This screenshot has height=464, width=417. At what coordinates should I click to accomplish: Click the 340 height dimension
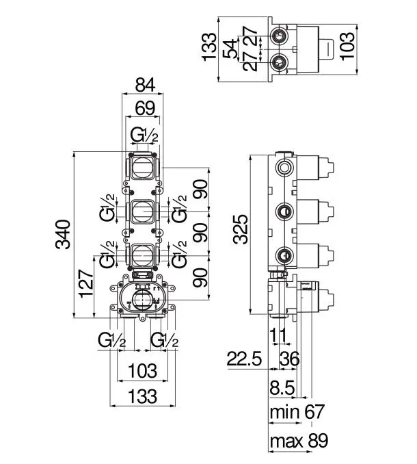[63, 234]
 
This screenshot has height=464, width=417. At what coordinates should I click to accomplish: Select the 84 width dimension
[145, 85]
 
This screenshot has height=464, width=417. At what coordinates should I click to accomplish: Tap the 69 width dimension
[145, 108]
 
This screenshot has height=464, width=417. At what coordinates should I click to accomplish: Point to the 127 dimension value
[86, 283]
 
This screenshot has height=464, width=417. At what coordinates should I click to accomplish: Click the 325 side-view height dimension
[240, 229]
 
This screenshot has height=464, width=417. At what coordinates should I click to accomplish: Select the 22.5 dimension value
[244, 359]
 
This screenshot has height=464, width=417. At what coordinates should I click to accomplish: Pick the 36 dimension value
[289, 359]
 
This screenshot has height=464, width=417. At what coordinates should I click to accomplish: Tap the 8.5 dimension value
[282, 387]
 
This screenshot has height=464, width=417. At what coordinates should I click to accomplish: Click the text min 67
[297, 411]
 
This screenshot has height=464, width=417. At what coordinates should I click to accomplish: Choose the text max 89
[299, 441]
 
